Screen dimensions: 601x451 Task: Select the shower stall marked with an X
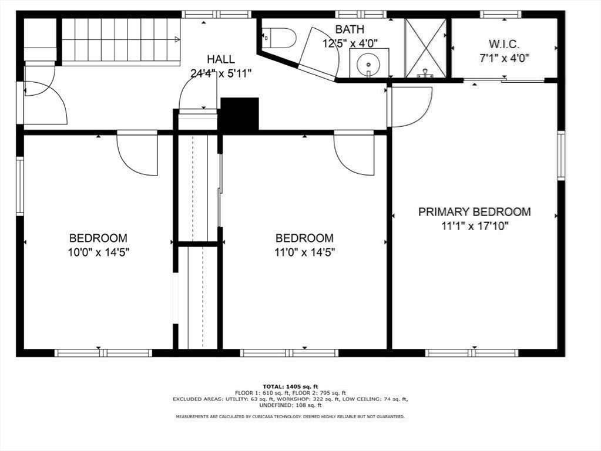[425, 48]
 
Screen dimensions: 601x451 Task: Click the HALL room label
[221, 59]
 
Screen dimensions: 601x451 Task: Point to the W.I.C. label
[504, 44]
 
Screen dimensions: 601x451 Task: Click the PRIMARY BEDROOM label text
[475, 212]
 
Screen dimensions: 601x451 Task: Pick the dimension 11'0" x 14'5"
[305, 253]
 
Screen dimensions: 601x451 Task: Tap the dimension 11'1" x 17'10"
[475, 226]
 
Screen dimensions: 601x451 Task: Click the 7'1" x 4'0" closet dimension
[505, 59]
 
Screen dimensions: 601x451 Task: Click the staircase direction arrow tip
[179, 39]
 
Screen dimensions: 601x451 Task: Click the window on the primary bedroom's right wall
[560, 155]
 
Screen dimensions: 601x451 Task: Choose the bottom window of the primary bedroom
[471, 352]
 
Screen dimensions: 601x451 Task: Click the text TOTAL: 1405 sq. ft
[290, 386]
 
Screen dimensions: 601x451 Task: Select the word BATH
[350, 29]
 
